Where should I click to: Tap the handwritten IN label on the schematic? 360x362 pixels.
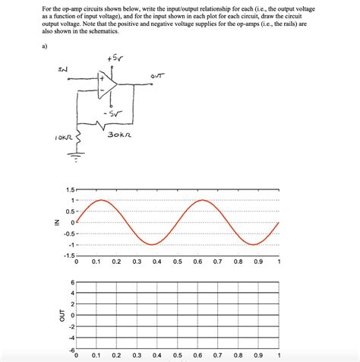(63, 70)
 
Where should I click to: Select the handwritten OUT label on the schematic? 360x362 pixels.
(156, 75)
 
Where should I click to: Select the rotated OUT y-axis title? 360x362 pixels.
(53, 316)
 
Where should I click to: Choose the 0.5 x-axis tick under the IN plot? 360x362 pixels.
(177, 262)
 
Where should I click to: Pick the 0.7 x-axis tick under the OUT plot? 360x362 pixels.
(217, 355)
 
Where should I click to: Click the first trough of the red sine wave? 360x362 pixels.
(152, 244)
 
